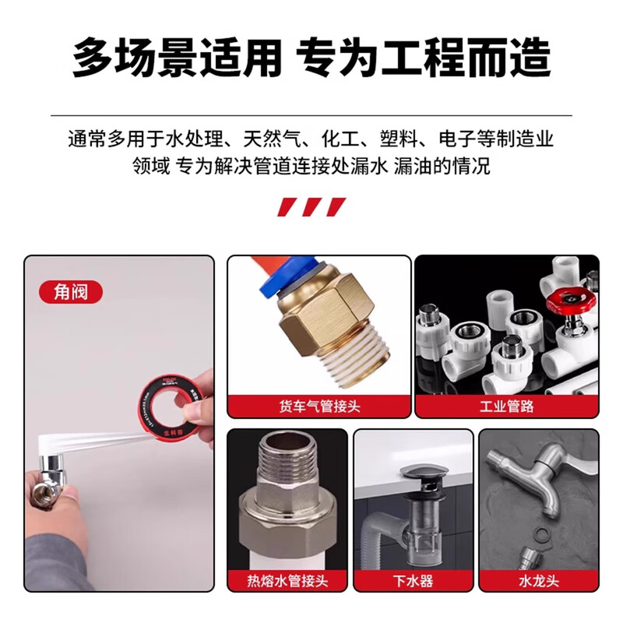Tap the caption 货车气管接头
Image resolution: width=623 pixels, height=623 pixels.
[319, 405]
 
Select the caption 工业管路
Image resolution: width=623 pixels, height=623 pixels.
[506, 405]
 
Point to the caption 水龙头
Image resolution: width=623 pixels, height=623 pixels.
[538, 581]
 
